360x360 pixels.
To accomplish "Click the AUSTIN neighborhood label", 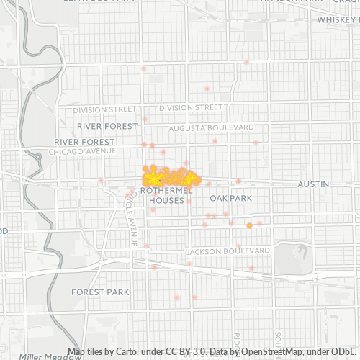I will pos(314,185).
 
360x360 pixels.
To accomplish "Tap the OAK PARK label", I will pos(229,197).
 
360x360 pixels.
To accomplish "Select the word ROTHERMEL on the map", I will pos(166,192).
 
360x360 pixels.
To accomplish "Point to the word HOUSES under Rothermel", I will pos(166,200).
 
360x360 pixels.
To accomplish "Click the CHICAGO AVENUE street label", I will pos(82,153).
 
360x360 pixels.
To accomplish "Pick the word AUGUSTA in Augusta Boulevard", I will pos(187,127).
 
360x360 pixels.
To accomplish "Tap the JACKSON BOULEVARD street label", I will pos(228,251).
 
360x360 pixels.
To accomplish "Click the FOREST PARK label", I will pos(100,292).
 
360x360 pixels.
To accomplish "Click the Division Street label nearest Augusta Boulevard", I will pos(191,107).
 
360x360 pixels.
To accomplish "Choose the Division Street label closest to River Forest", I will pos(105,109).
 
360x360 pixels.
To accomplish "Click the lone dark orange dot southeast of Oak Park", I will pos(249,226).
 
